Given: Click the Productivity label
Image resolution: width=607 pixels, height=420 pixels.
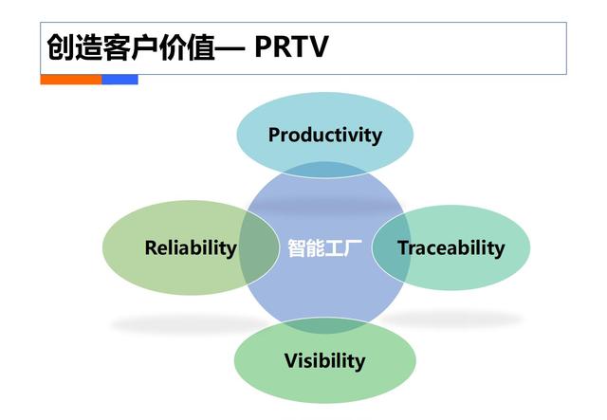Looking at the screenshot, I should [324, 135].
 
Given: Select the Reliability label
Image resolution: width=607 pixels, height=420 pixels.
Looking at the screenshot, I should [191, 248].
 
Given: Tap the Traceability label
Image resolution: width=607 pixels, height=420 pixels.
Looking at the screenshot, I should [451, 248].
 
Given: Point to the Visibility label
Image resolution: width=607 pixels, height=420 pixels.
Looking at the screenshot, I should [324, 360].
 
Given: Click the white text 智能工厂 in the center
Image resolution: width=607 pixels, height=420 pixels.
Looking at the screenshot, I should [324, 248].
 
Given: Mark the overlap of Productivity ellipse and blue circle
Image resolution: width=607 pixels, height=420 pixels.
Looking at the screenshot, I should [324, 172].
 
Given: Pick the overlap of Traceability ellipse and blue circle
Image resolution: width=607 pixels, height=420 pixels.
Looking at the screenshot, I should [391, 248].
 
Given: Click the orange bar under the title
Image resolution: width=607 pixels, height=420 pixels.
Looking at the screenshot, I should [70, 80].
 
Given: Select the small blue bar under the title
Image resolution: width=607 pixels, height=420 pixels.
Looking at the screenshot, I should [120, 80].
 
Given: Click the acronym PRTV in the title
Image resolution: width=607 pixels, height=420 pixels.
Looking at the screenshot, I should [291, 47].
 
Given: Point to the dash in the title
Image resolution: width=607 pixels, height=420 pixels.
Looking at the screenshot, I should [231, 47].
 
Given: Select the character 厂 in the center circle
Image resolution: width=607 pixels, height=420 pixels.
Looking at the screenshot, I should [353, 248].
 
